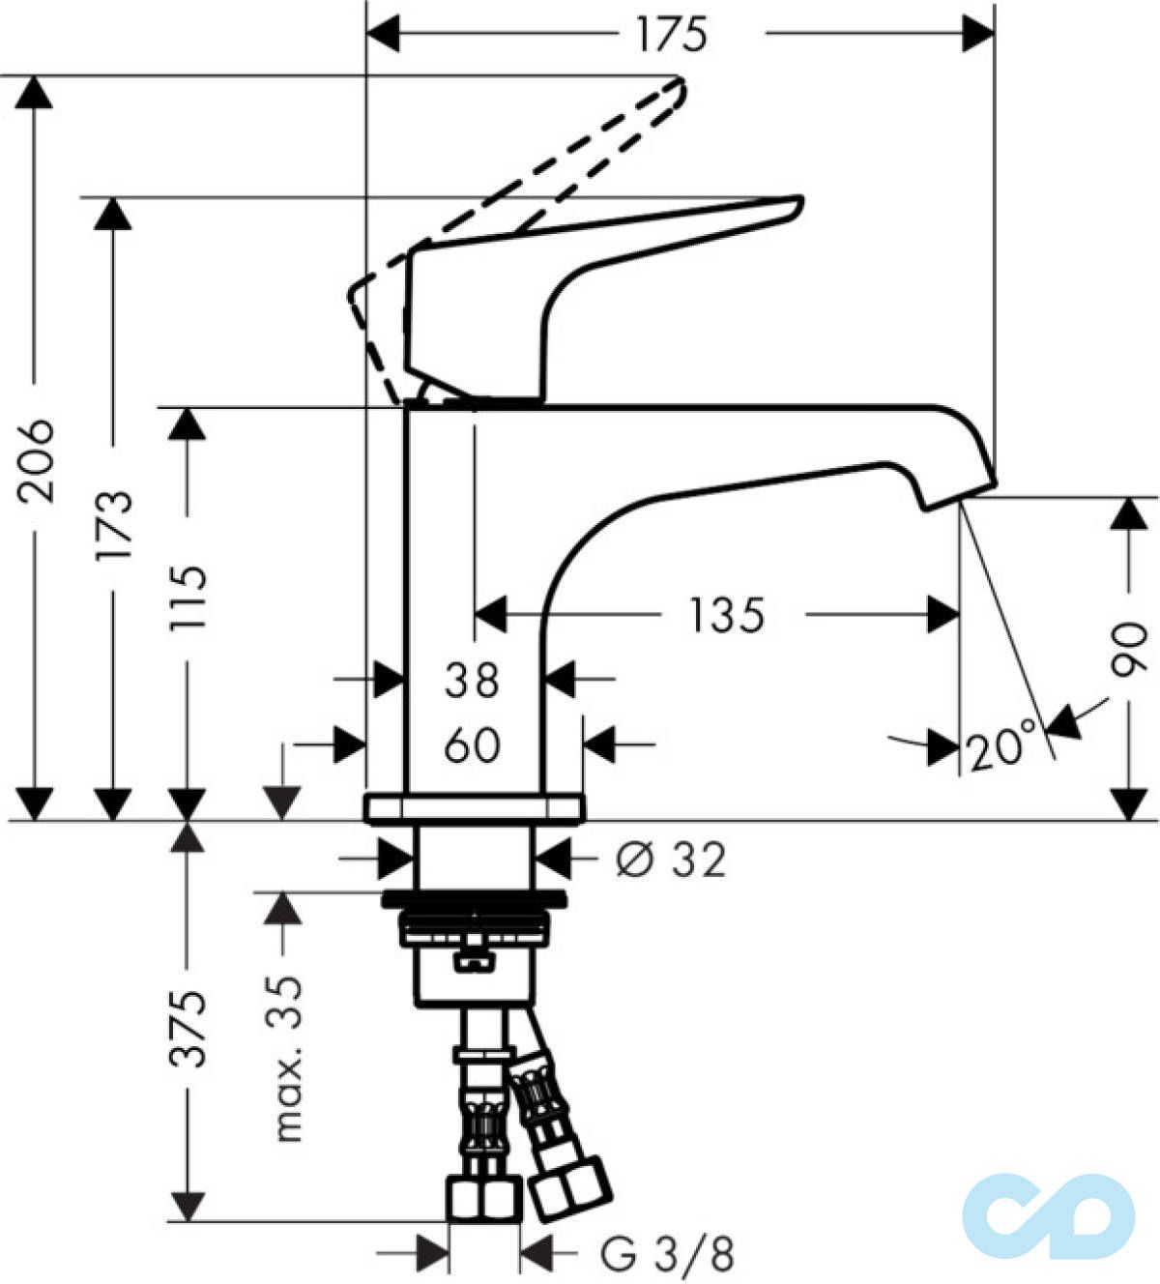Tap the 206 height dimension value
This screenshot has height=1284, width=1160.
point(35,460)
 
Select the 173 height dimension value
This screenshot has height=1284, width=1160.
point(113,526)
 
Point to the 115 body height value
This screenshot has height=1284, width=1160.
point(188,599)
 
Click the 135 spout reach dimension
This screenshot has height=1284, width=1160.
point(727,615)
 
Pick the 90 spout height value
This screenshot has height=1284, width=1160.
point(1128,649)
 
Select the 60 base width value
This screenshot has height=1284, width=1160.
point(472,745)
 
